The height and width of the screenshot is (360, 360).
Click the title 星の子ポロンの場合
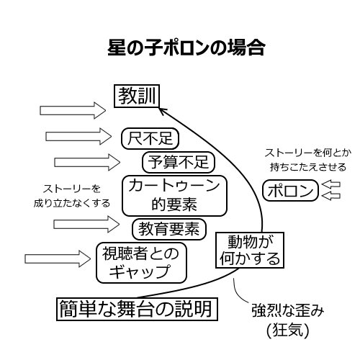[x=186, y=49]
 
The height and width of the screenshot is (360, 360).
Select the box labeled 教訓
[x=136, y=96]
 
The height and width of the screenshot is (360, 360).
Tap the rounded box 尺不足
[x=150, y=137]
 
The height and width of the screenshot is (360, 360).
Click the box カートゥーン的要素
[x=174, y=194]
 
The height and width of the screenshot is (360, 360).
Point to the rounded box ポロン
[x=290, y=191]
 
